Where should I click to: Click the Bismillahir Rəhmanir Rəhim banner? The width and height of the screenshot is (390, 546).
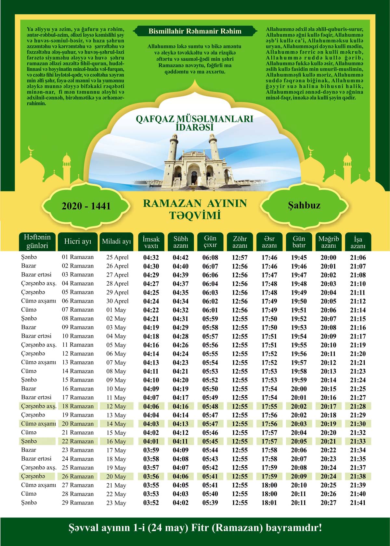tap(195, 31)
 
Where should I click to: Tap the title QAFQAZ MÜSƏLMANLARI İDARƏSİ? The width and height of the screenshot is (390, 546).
tap(194, 123)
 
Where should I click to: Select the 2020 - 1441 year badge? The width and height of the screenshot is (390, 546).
tap(86, 206)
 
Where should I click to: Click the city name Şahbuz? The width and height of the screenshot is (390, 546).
tap(304, 205)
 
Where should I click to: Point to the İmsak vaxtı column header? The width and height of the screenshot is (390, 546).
tap(151, 242)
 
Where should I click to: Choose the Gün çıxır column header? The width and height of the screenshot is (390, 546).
tap(210, 242)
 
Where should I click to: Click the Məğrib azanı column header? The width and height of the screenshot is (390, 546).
tap(328, 242)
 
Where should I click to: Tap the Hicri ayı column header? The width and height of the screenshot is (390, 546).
tap(78, 242)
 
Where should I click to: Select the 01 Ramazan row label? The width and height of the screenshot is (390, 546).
tap(78, 257)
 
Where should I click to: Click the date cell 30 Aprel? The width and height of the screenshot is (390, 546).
tap(117, 301)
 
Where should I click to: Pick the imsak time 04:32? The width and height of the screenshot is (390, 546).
tap(151, 258)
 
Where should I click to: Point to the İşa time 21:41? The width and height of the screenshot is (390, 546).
tap(358, 503)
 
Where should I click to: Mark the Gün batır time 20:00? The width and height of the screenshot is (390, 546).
tap(299, 389)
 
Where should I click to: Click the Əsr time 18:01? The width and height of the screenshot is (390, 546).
tap(269, 503)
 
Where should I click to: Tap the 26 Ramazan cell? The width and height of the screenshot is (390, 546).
tap(78, 477)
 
